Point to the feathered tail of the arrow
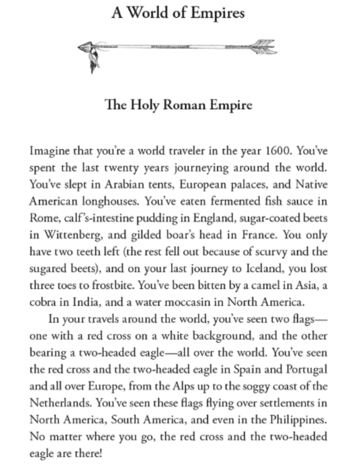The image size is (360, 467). coord(263,46)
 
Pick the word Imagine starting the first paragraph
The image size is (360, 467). coord(48,150)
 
